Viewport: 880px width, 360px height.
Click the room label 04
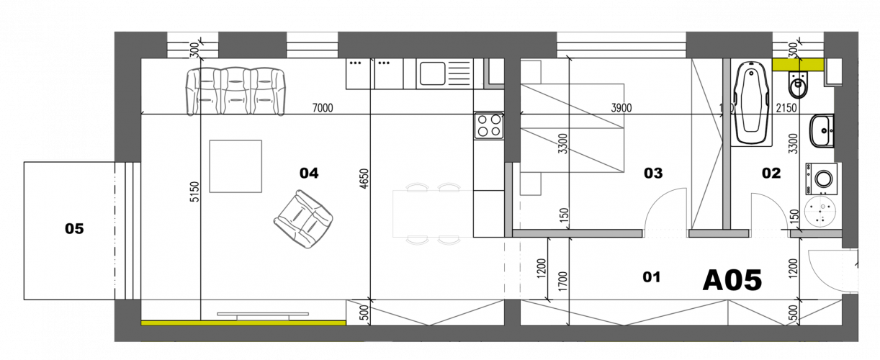(x=309, y=173)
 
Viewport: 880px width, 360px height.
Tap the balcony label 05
(x=74, y=229)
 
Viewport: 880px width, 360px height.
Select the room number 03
(x=653, y=173)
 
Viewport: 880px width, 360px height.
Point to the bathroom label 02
(x=771, y=173)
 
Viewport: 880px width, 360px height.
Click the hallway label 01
(x=651, y=276)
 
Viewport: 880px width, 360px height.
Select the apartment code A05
(x=732, y=280)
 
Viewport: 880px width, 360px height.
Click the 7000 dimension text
(x=323, y=108)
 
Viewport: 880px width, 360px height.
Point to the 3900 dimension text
(x=621, y=108)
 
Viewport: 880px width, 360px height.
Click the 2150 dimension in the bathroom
(x=787, y=108)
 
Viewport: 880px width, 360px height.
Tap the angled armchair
(x=303, y=219)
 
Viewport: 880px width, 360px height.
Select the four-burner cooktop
(x=488, y=126)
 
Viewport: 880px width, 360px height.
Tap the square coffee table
(x=235, y=166)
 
